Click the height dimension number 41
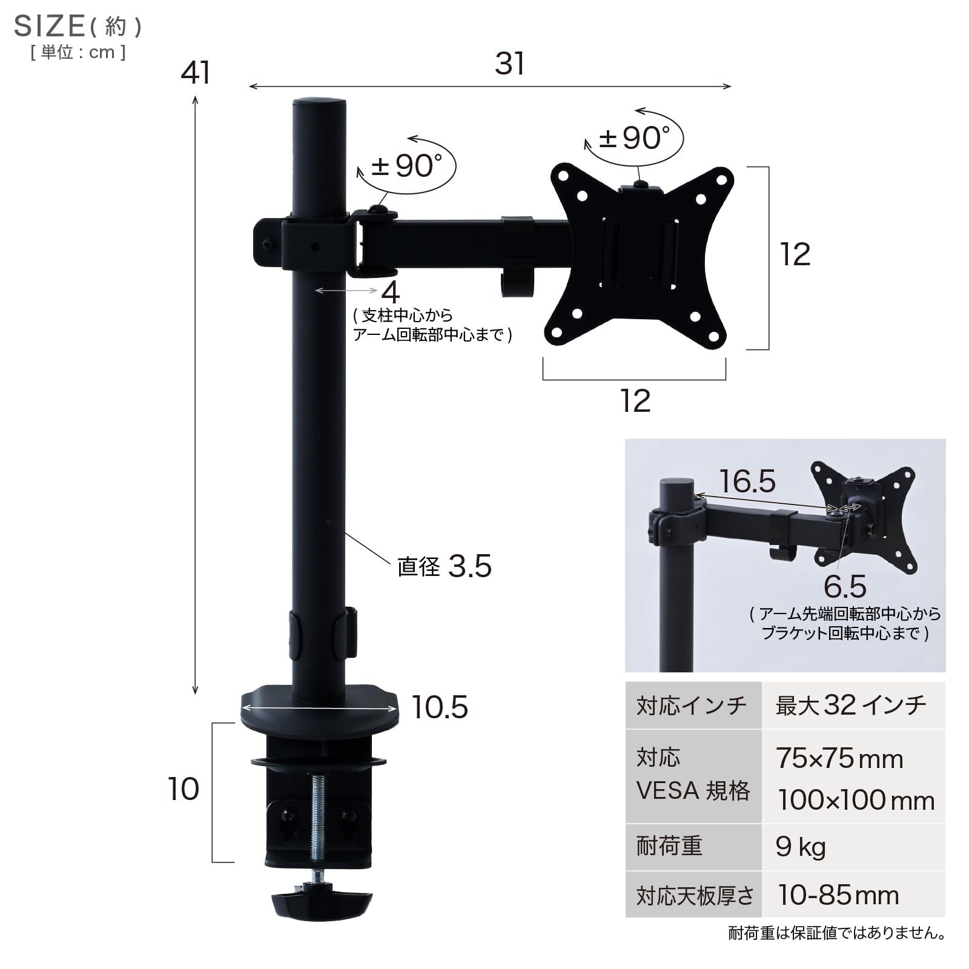(x=196, y=73)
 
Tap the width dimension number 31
(x=509, y=64)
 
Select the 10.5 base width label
(x=440, y=707)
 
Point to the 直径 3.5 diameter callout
(x=445, y=566)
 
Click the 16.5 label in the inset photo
(x=747, y=481)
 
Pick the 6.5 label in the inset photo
(x=845, y=586)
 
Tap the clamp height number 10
(x=183, y=789)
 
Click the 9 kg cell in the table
(x=801, y=847)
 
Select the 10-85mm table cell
(x=838, y=895)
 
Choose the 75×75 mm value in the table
(x=839, y=758)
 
